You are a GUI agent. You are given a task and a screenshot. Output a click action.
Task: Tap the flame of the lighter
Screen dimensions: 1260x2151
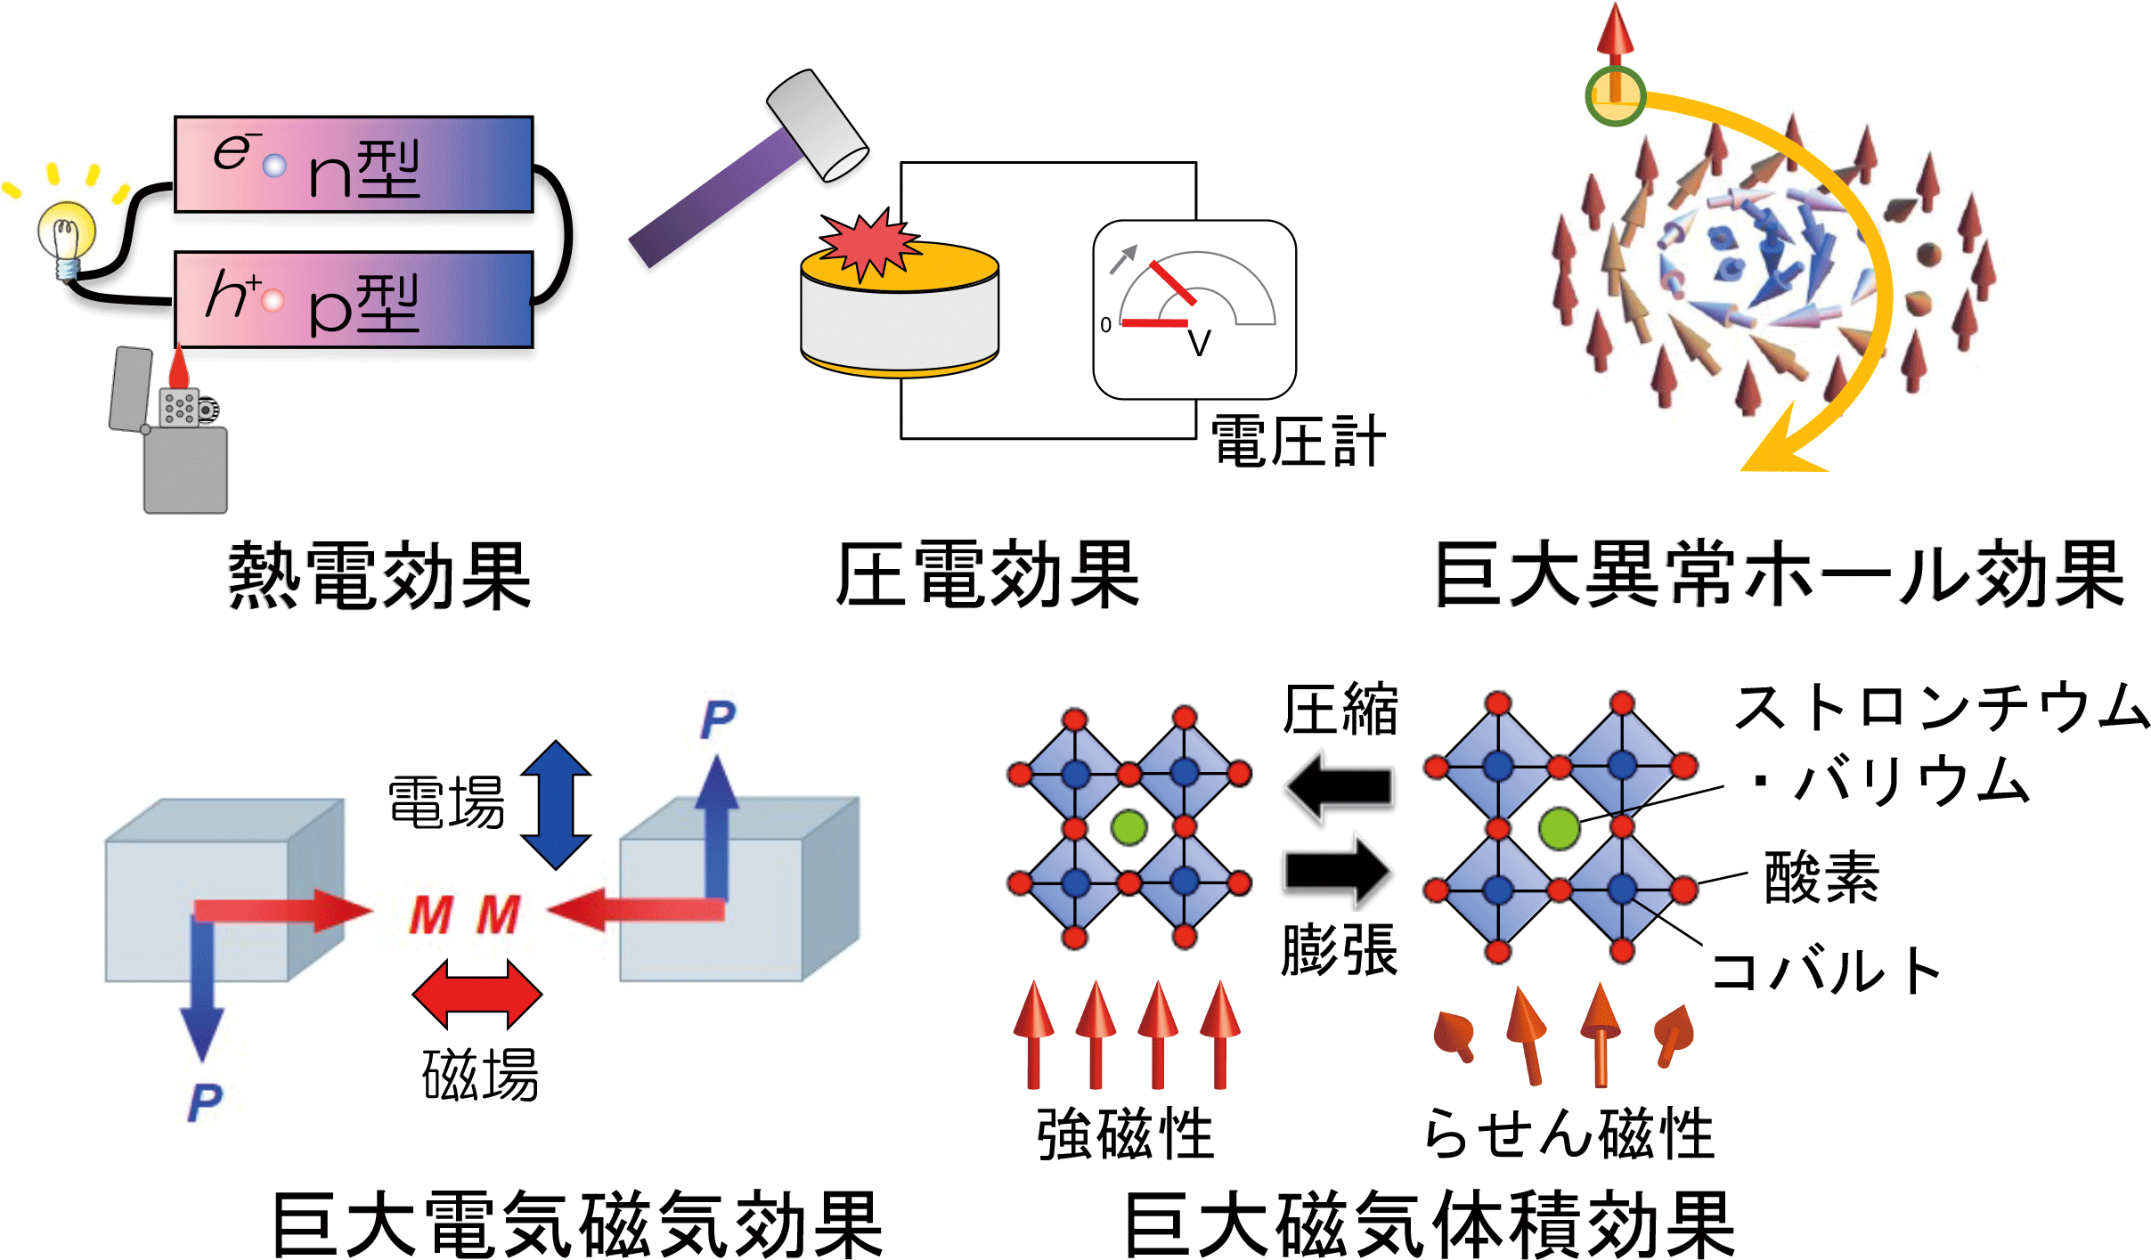[x=179, y=367]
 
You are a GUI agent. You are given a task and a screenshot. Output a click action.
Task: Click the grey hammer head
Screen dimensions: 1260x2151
[x=817, y=125]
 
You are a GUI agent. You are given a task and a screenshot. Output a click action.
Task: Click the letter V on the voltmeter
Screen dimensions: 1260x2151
[x=1199, y=343]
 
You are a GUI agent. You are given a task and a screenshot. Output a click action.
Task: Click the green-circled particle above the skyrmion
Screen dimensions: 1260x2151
[x=1615, y=94]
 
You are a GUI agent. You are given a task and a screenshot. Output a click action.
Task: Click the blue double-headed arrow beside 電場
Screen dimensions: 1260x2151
[x=556, y=804]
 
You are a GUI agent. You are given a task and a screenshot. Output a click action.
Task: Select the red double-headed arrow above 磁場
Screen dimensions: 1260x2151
[x=477, y=993]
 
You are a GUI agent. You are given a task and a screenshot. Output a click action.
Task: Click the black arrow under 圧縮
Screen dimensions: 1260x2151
[x=1339, y=787]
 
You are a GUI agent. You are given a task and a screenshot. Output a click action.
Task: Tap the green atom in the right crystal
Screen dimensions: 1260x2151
[x=1559, y=828]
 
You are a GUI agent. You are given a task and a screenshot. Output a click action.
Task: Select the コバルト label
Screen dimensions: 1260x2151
[x=1826, y=971]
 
